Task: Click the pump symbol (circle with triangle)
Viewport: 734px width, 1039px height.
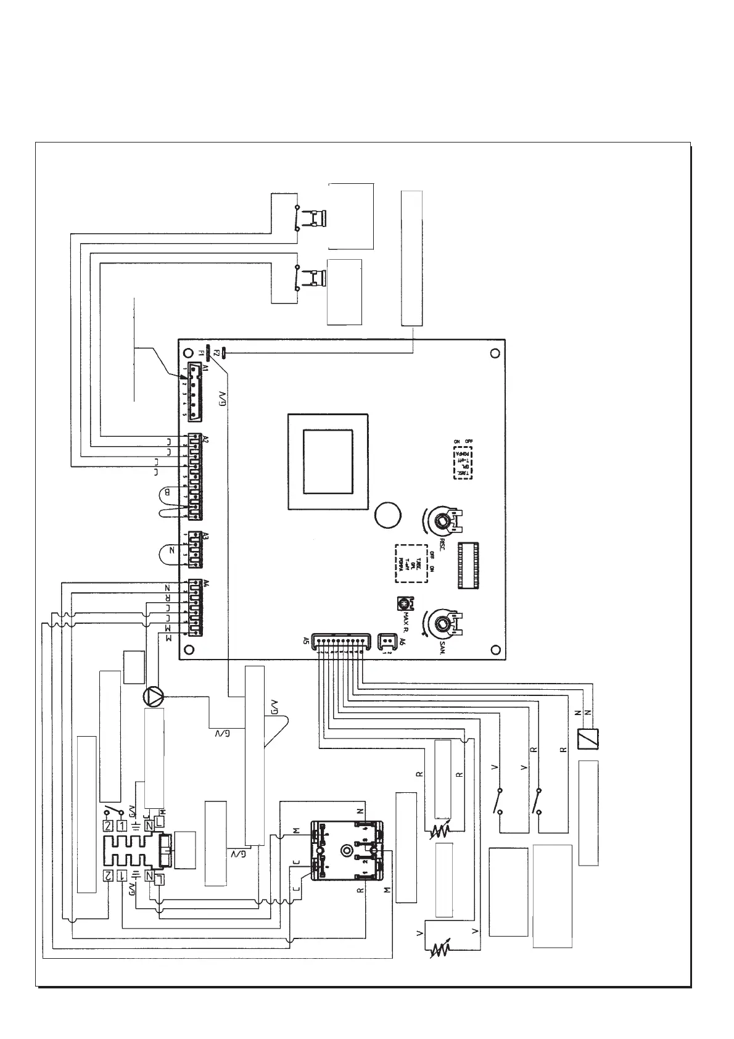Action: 154,697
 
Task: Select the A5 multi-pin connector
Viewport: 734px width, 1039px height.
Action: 340,642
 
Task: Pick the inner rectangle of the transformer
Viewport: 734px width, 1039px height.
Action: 328,461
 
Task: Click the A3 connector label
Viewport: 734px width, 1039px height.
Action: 189,536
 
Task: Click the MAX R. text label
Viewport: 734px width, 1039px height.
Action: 406,623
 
